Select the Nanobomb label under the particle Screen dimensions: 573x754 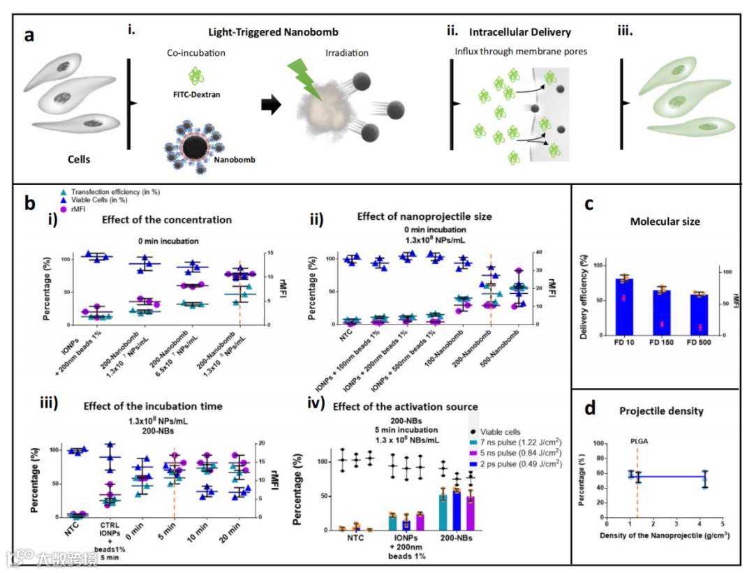pos(235,160)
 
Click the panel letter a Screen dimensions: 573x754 pos(31,36)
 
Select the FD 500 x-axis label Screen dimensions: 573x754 pos(698,343)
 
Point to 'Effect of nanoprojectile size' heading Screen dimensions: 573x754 pos(424,217)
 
